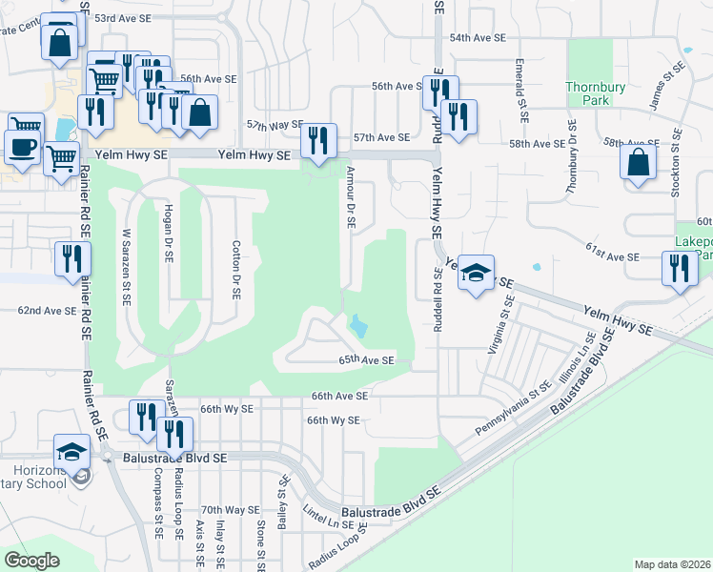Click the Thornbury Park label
[x=596, y=94]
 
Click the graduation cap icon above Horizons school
[x=71, y=452]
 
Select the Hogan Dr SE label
[x=169, y=240]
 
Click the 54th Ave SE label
[x=477, y=37]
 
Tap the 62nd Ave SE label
[x=47, y=311]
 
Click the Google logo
[x=31, y=561]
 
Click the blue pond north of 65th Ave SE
[x=359, y=327]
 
